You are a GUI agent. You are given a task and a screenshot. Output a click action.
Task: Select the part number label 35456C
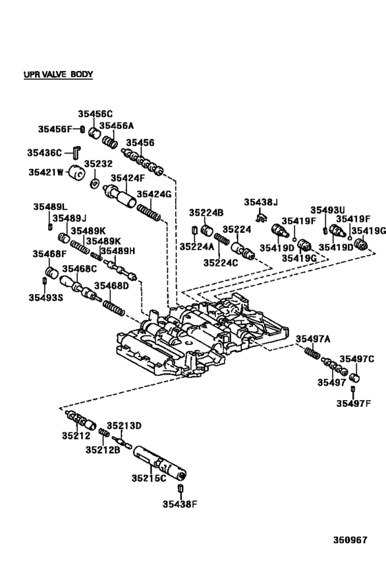pyautogui.click(x=94, y=114)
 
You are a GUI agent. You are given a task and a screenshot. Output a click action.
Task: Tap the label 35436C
pyautogui.click(x=45, y=152)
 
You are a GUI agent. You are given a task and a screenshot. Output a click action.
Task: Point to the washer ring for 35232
pyautogui.click(x=94, y=186)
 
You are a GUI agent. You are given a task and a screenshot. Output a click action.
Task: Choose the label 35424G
pyautogui.click(x=154, y=194)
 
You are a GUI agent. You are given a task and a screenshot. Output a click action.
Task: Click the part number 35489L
pyautogui.click(x=50, y=207)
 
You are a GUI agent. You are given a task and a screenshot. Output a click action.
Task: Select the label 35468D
pyautogui.click(x=112, y=285)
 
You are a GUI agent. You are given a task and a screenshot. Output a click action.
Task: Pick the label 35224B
pyautogui.click(x=207, y=213)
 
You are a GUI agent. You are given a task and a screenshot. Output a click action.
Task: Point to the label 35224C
pyautogui.click(x=220, y=262)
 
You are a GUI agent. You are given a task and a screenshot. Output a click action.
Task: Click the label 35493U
pyautogui.click(x=327, y=210)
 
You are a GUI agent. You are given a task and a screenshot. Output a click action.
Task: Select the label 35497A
pyautogui.click(x=313, y=338)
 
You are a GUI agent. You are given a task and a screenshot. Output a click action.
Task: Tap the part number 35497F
pyautogui.click(x=354, y=404)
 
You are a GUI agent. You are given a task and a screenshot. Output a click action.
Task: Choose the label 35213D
pyautogui.click(x=123, y=426)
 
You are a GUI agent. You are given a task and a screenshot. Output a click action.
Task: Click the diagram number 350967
pyautogui.click(x=350, y=541)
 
